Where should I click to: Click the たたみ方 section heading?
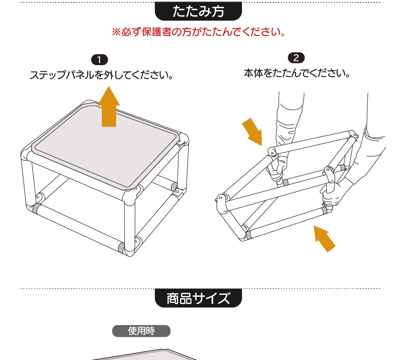point(198,11)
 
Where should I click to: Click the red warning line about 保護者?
point(199,32)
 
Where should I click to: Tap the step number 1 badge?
point(99,60)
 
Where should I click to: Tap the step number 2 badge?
point(296,58)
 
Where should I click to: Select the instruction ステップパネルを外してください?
point(102,75)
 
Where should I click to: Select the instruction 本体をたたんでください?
point(297,74)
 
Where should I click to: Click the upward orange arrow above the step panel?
point(109,106)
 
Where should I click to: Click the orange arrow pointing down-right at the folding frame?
point(252,132)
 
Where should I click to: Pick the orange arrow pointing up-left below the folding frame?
point(324,238)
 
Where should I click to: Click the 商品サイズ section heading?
point(198,298)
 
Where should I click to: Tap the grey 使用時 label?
point(141,331)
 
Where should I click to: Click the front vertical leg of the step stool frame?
point(129,223)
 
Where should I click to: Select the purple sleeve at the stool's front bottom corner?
point(121,247)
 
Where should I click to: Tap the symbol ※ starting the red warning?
point(116,32)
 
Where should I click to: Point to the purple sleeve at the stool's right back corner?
point(174,187)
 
